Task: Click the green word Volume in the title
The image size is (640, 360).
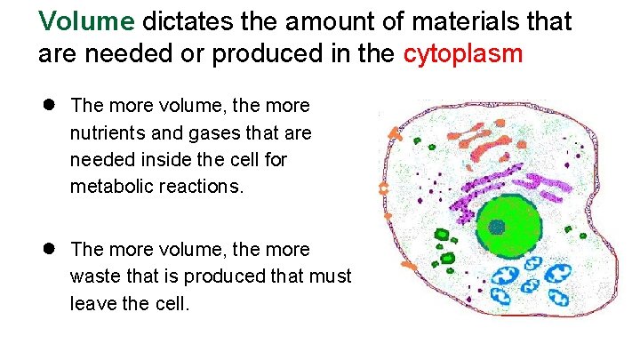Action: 86,20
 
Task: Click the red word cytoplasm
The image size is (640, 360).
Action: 463,54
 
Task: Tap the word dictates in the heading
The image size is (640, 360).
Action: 183,20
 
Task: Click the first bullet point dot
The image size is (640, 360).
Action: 52,105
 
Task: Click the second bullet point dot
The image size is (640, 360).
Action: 52,248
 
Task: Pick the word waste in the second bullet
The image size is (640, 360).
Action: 93,276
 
